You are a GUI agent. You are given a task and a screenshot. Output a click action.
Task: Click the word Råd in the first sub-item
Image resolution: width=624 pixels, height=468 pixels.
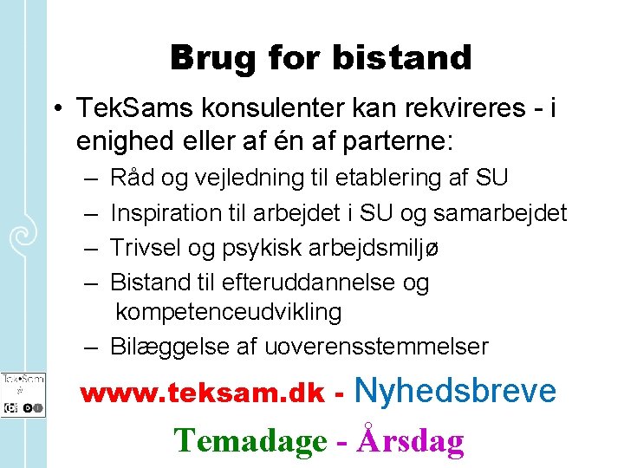pyautogui.click(x=129, y=179)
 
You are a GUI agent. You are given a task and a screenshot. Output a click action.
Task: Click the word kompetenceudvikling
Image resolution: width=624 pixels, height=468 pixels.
pyautogui.click(x=229, y=312)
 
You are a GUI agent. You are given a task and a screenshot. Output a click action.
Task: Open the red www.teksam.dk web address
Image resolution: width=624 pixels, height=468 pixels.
pyautogui.click(x=203, y=394)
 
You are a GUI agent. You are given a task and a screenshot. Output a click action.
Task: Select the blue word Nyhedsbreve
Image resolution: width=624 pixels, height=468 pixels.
pyautogui.click(x=456, y=391)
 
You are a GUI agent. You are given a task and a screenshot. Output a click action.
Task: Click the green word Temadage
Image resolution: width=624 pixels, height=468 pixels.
pyautogui.click(x=250, y=440)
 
